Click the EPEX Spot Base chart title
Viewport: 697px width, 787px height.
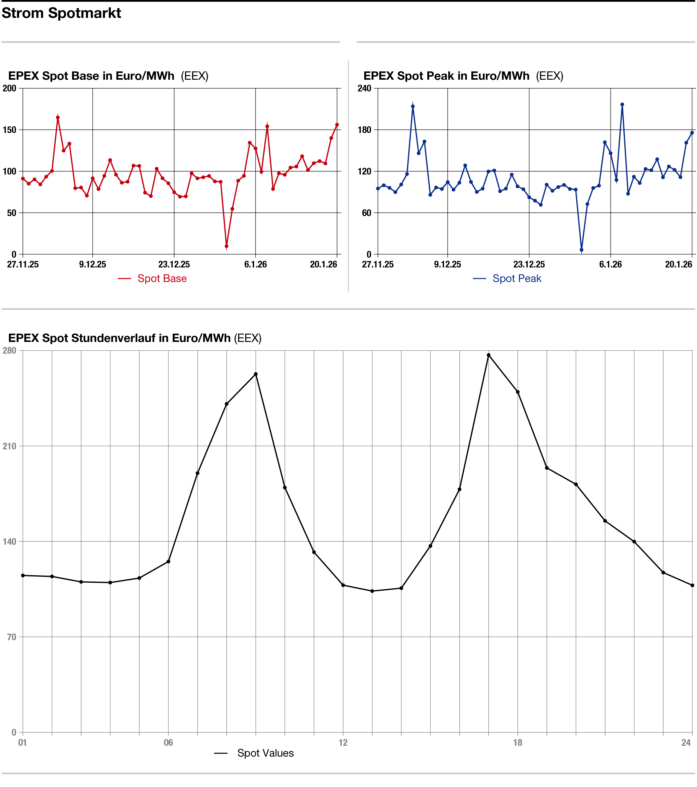click(91, 76)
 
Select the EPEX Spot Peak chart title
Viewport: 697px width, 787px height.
click(446, 76)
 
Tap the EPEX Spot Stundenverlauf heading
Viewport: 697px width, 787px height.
click(119, 338)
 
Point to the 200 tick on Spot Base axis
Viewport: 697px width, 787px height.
click(10, 88)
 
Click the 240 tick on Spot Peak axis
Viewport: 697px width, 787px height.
click(364, 88)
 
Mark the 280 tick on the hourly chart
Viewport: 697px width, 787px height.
click(10, 350)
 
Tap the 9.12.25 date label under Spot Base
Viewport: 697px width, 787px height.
click(92, 264)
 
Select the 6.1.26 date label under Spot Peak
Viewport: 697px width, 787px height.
click(610, 264)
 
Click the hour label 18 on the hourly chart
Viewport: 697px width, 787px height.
click(518, 743)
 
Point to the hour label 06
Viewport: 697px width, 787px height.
click(168, 743)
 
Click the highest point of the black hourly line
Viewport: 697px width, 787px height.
click(489, 355)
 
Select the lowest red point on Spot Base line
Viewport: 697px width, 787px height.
click(226, 246)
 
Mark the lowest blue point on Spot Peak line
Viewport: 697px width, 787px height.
click(582, 250)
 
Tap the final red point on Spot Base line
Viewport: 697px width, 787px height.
click(337, 125)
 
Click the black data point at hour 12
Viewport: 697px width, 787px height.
click(343, 585)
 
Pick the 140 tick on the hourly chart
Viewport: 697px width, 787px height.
click(10, 541)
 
